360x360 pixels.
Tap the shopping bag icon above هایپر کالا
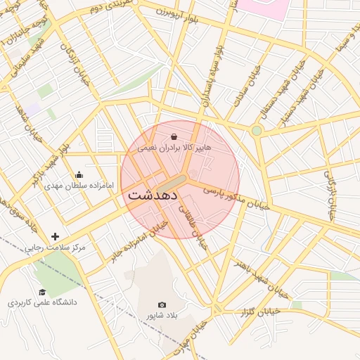[x=174, y=136]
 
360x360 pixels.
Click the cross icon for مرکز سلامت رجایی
[x=56, y=236]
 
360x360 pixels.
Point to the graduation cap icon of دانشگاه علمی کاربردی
[x=42, y=292]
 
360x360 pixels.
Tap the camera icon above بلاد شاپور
[x=162, y=304]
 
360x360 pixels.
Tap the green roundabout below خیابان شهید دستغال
[x=257, y=131]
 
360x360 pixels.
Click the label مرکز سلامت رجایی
[x=56, y=248]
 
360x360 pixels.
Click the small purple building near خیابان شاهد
[x=32, y=110]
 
